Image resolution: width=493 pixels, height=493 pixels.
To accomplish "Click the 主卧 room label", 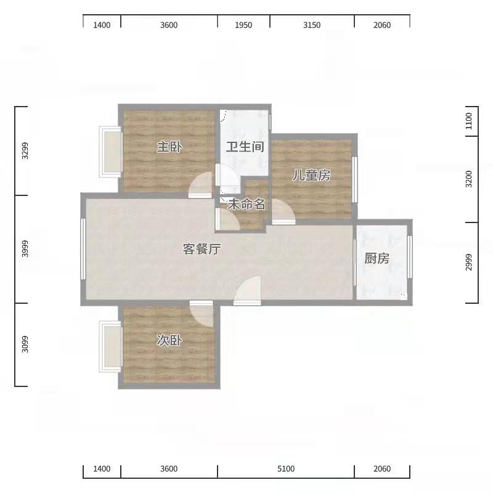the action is point(169,147).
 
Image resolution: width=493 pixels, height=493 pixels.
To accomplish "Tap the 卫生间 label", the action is point(245,147).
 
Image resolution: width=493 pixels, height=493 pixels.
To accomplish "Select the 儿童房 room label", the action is point(311,175).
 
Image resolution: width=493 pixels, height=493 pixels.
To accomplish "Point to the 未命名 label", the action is point(246,205).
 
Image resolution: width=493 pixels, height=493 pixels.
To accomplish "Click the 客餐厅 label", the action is point(202,249).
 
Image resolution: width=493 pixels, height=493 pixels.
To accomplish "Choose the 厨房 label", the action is point(377,258).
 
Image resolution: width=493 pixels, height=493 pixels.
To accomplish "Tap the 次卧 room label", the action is point(169,341).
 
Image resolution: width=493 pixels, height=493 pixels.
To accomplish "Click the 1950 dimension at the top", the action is point(243,25).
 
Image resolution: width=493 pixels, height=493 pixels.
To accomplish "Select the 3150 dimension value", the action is point(312,25).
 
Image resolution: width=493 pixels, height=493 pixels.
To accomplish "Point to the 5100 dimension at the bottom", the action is point(286,469).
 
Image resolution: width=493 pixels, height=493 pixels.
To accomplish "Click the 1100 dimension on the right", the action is point(469,121).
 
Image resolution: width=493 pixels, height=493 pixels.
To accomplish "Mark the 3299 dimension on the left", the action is point(25,151).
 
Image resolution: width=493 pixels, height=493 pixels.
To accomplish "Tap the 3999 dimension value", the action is point(25,249).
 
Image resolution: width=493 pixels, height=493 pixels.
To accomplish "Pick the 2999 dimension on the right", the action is point(469,263).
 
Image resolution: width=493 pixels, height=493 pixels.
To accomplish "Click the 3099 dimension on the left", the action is point(25,344).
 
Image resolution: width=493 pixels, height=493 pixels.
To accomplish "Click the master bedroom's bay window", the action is point(110,152).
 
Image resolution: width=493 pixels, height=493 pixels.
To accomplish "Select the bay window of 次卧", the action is point(110,346).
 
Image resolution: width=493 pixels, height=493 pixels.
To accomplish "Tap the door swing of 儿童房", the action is point(283,211).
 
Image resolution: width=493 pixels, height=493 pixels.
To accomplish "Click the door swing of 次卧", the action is point(202,314).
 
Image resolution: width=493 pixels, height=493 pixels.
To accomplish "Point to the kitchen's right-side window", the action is point(410,256).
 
